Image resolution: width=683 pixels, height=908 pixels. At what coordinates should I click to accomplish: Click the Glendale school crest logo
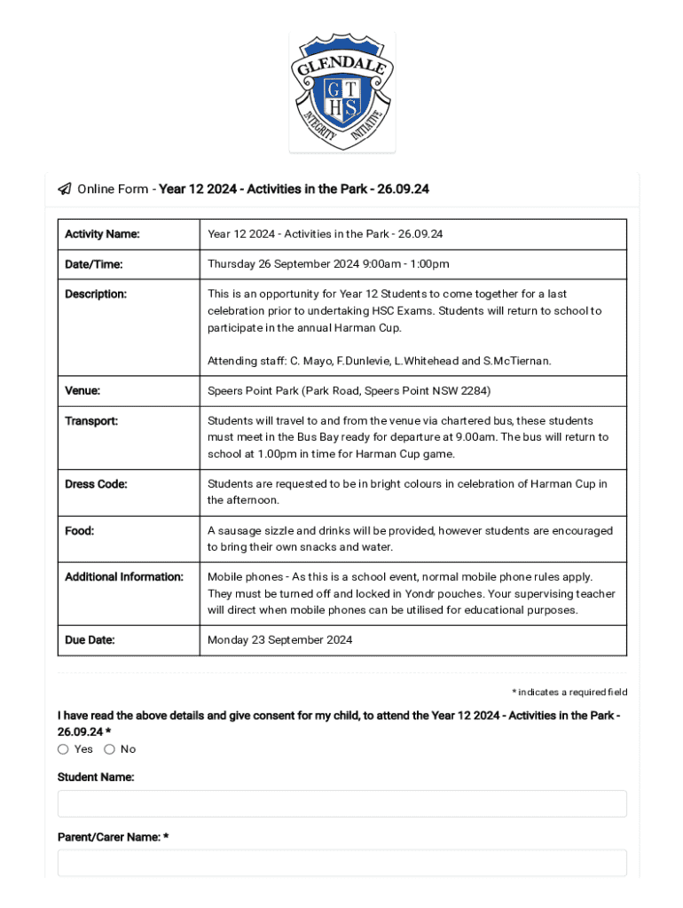(x=341, y=92)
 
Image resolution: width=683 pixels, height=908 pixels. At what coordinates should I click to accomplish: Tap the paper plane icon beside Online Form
(x=65, y=189)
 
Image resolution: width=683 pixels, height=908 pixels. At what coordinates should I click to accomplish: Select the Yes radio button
(x=63, y=749)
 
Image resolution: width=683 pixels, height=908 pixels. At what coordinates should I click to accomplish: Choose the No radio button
(x=109, y=749)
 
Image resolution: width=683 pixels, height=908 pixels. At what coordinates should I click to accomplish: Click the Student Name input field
(x=341, y=803)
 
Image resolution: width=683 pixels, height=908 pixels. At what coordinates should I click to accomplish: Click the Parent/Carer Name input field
(x=341, y=863)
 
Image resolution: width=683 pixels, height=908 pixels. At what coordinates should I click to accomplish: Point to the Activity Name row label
(x=102, y=234)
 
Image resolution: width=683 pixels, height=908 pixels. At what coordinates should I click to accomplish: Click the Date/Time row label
(x=94, y=264)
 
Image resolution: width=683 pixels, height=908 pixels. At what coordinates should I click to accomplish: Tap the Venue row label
(x=82, y=391)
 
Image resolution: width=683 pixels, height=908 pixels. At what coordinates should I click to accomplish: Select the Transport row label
(x=91, y=421)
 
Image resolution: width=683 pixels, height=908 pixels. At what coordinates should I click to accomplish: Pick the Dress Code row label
(x=96, y=484)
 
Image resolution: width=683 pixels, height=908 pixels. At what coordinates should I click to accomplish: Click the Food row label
(x=80, y=531)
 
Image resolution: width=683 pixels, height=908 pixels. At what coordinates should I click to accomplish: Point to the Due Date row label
(x=90, y=640)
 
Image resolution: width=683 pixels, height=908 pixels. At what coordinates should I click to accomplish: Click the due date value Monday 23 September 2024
(x=279, y=640)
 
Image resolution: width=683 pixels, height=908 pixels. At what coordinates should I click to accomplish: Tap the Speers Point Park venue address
(x=349, y=391)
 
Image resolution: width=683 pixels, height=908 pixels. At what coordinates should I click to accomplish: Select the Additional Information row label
(x=124, y=577)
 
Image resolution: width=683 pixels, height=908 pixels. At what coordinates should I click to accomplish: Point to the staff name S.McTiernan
(x=516, y=361)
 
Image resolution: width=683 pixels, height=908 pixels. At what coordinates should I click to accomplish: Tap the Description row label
(x=96, y=294)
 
